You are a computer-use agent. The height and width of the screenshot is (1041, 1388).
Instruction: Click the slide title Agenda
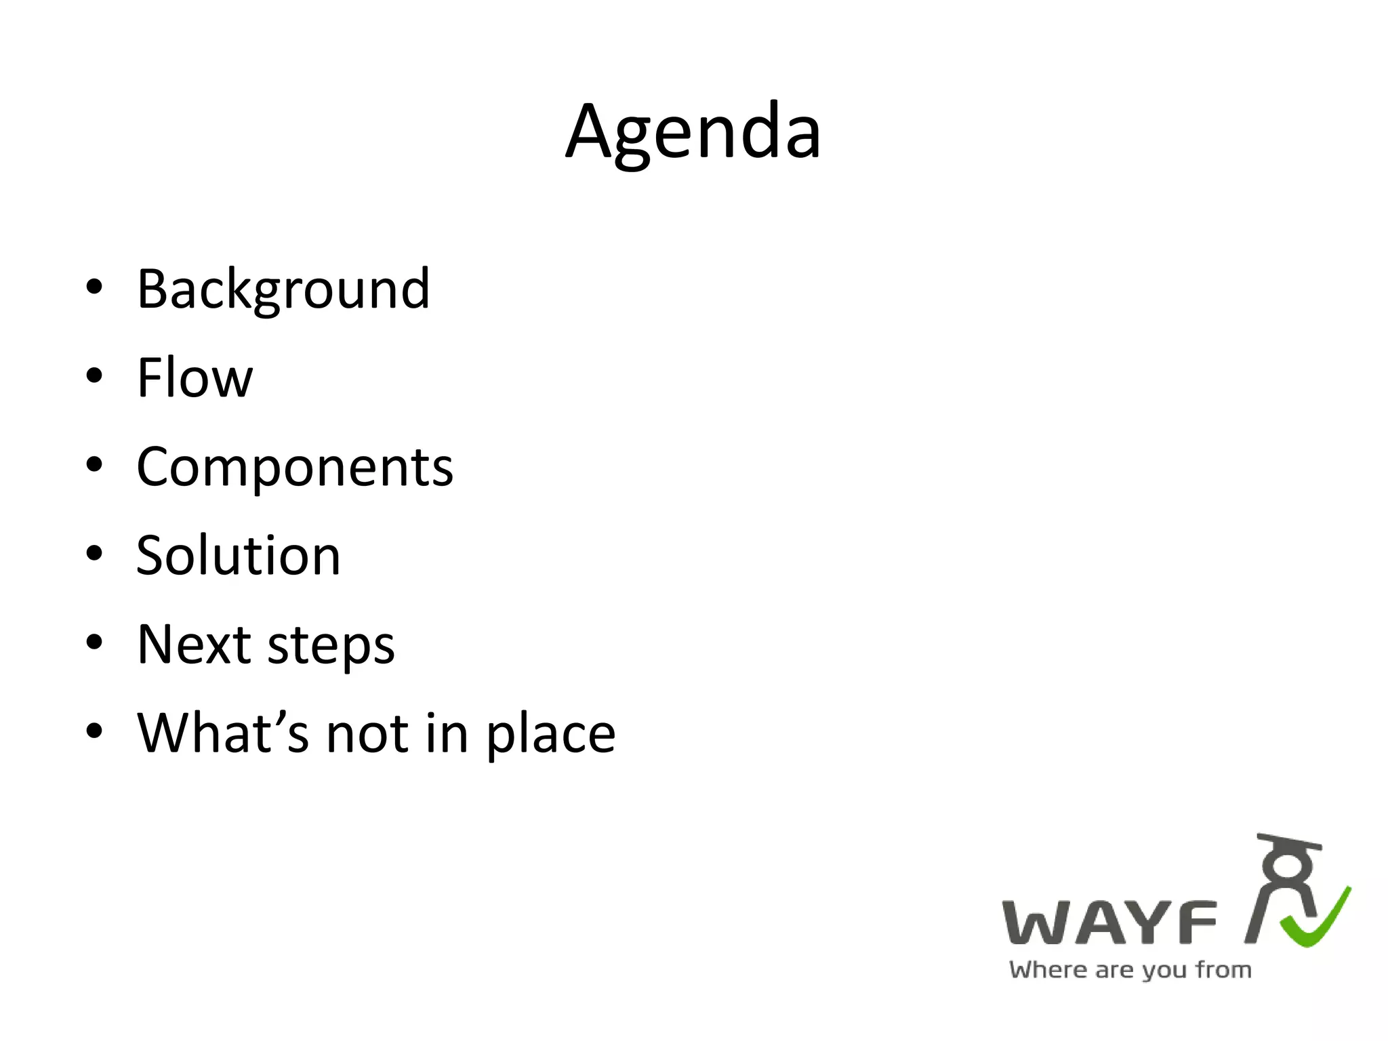pos(693,132)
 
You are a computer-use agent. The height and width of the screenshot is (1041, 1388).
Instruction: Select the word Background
pos(283,289)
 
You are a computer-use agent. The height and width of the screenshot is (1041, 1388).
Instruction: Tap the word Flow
pos(195,377)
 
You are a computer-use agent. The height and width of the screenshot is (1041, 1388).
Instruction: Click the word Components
pos(295,467)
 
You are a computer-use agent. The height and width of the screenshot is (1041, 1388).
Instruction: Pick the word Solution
pos(238,556)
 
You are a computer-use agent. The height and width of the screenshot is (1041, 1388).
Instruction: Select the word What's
pos(223,733)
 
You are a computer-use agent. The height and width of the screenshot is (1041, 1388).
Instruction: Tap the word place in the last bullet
pos(550,735)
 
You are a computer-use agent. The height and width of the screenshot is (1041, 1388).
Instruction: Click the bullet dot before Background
pos(94,287)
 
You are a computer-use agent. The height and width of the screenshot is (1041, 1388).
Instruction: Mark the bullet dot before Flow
pos(94,375)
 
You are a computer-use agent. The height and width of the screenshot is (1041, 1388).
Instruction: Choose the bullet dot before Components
pos(94,464)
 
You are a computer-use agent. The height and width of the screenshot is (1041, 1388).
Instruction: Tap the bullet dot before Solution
pos(94,553)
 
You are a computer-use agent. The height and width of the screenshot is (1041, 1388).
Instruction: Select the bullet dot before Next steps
pos(94,642)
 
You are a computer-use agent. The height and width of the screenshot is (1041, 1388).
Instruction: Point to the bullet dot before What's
pos(94,731)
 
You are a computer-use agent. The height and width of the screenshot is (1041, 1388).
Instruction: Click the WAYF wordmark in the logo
pos(1109,922)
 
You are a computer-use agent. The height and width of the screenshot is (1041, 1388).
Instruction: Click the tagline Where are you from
pos(1130,970)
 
